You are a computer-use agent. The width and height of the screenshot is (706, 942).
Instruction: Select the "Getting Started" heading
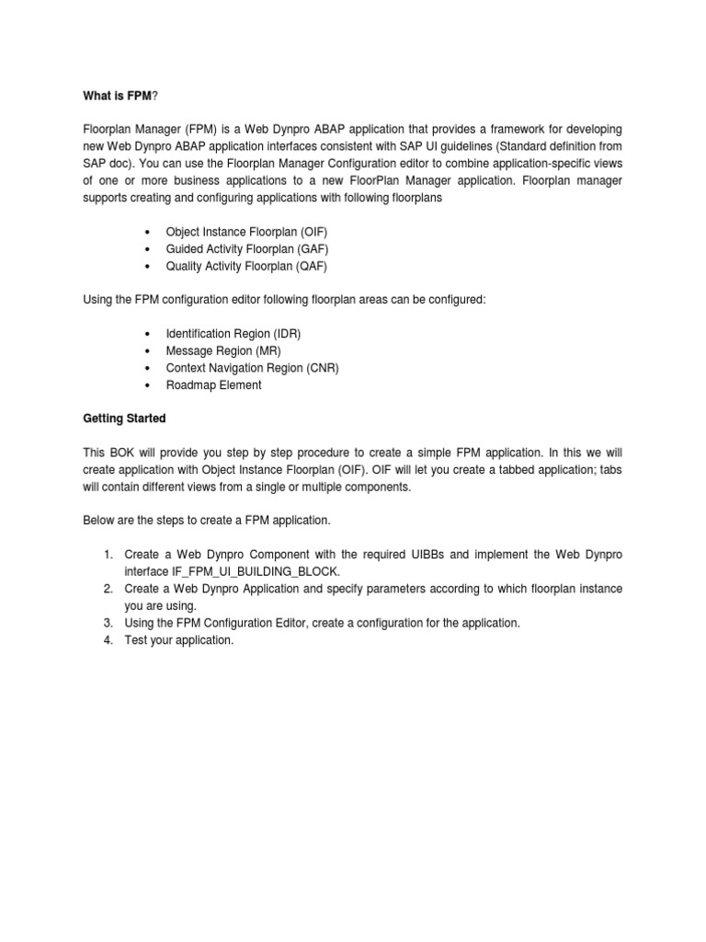(124, 419)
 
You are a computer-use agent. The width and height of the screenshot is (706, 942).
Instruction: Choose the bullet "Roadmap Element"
(213, 385)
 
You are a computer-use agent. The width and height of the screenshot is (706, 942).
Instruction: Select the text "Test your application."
(179, 640)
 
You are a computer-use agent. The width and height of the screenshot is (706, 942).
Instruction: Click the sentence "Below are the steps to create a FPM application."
(206, 521)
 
